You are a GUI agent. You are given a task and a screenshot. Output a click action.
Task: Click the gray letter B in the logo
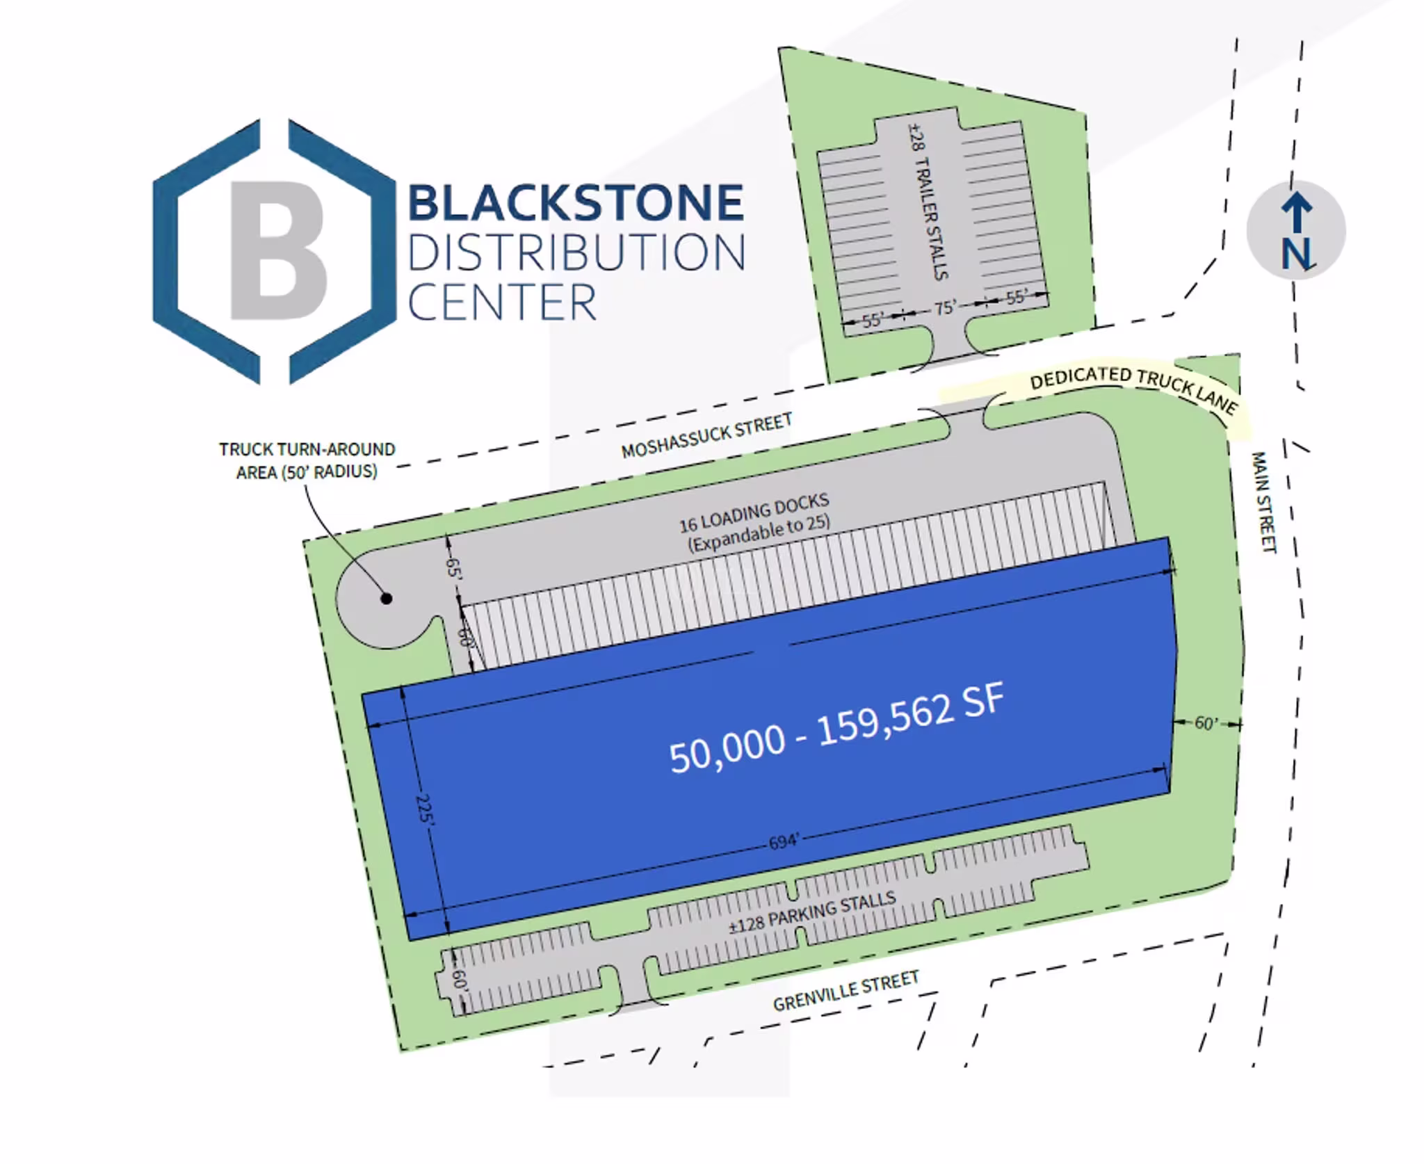point(278,250)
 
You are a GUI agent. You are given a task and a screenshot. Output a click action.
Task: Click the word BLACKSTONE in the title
point(576,202)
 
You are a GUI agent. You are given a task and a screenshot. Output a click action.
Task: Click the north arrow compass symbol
point(1296,230)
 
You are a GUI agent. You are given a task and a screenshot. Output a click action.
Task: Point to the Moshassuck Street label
point(706,435)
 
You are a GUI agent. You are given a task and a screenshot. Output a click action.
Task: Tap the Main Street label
point(1264,502)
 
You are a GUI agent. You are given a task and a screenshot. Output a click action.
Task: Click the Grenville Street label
point(846,992)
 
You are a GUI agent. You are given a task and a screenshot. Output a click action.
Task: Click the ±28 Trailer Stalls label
point(928,202)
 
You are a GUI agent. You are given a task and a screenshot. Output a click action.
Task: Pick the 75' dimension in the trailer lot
point(945,307)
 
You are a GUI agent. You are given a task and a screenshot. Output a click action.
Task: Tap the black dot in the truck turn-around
point(387,598)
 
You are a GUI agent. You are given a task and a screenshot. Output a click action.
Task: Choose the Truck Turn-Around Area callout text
point(307,460)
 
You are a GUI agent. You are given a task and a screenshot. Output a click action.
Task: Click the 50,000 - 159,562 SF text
point(836,728)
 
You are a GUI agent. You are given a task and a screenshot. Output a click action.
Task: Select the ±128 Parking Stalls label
point(812,912)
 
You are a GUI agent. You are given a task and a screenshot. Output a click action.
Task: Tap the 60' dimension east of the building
point(1206,723)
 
